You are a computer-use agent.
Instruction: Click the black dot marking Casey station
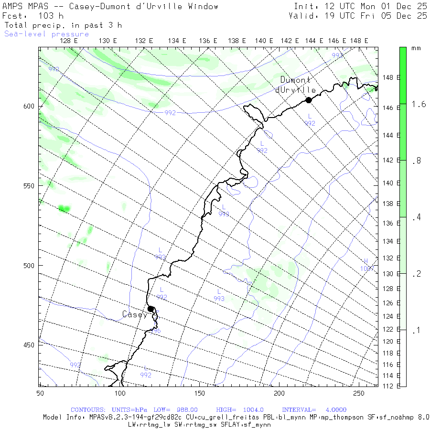[150, 309]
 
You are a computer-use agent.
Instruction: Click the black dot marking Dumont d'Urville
[309, 100]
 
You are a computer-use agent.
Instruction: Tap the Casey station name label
[134, 314]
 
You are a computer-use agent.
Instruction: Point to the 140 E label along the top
[264, 41]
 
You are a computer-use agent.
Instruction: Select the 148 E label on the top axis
[359, 41]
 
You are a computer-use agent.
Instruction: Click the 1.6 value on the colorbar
[419, 104]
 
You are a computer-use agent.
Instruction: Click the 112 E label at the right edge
[391, 386]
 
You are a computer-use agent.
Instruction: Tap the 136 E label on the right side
[391, 223]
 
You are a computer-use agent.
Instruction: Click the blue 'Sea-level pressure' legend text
[47, 34]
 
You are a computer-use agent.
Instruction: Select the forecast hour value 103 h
[51, 16]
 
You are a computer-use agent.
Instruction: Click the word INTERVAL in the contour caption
[299, 410]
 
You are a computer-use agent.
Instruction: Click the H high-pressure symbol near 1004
[366, 261]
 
